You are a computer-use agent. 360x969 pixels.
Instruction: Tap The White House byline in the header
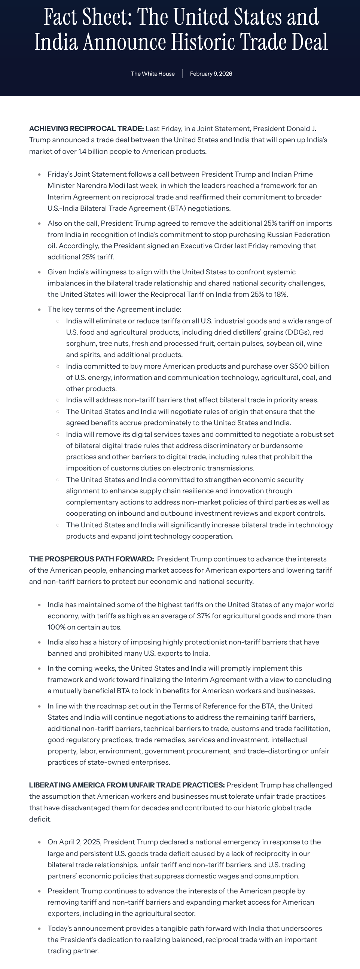click(153, 74)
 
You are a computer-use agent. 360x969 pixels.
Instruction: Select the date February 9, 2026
click(211, 74)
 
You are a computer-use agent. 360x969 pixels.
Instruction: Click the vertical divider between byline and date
click(183, 74)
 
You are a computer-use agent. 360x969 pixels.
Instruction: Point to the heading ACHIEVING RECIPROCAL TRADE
click(86, 129)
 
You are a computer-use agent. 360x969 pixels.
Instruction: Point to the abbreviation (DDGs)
click(296, 332)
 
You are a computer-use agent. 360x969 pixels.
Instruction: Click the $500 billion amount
click(309, 366)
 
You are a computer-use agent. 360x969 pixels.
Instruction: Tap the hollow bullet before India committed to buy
click(58, 366)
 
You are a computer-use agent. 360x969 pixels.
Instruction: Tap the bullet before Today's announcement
click(40, 929)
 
